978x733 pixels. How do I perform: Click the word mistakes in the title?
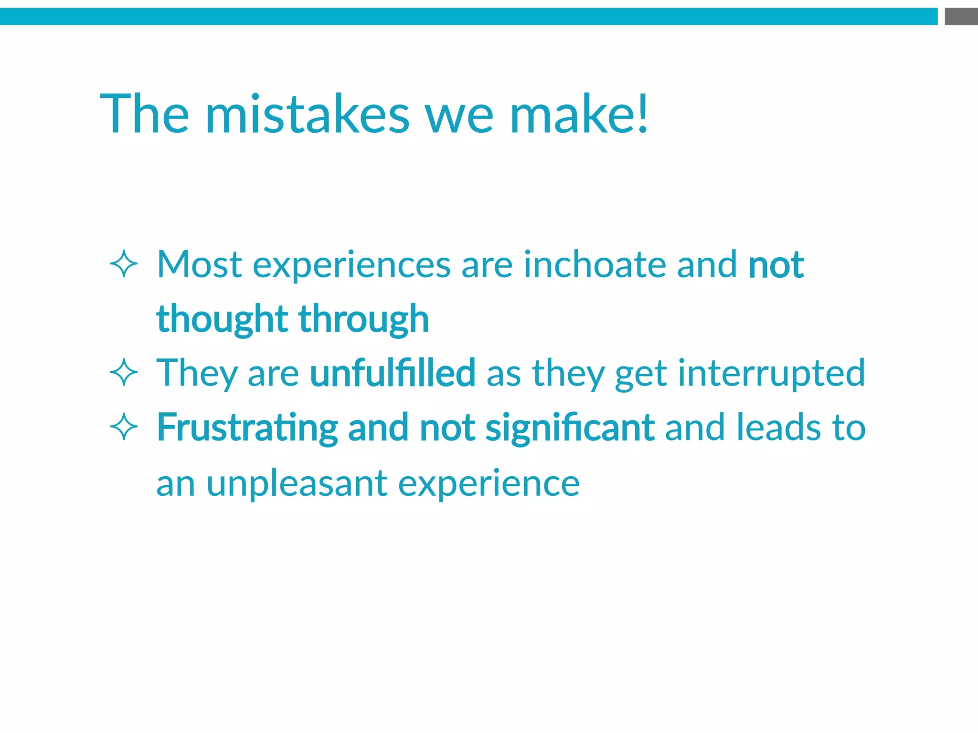pos(307,115)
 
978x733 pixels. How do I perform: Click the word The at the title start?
pos(145,115)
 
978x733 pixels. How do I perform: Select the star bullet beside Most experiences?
pos(124,264)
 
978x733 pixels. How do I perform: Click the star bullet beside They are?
pos(124,373)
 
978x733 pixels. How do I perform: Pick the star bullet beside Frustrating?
pos(124,427)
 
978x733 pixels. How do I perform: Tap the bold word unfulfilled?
pos(393,373)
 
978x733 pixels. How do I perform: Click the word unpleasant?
pos(297,484)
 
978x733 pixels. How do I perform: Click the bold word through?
pos(363,320)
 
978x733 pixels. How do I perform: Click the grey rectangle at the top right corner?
pos(961,16)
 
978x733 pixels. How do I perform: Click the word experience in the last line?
pos(489,484)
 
